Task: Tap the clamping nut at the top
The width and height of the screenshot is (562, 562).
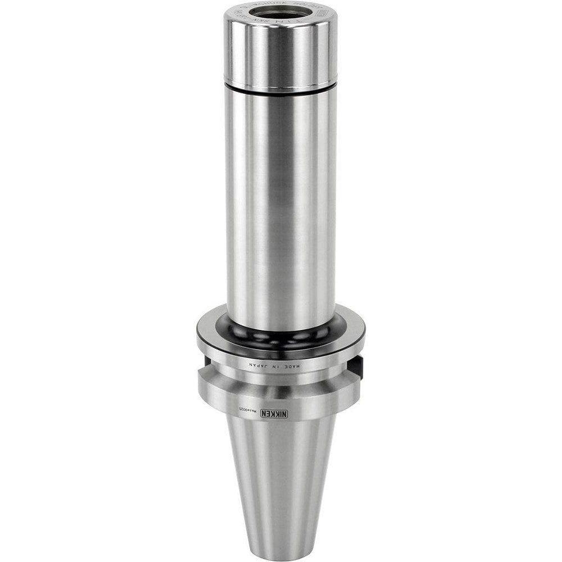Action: point(280,51)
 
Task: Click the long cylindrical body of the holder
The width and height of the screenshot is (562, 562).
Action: point(280,202)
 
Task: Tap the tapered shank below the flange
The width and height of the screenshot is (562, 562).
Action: point(280,472)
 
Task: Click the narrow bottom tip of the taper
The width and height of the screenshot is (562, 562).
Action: point(280,548)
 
